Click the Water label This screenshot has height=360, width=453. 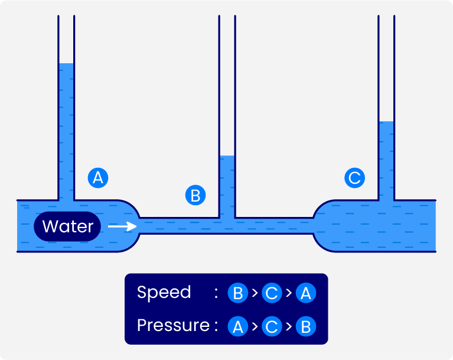[67, 226]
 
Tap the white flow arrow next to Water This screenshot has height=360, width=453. [122, 226]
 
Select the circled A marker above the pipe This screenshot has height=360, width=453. [97, 177]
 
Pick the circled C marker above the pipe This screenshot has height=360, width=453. [354, 177]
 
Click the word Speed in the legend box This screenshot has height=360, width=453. [164, 293]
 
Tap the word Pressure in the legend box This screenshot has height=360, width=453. [173, 326]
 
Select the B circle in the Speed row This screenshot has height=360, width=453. [237, 293]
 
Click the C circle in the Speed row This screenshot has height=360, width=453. [272, 293]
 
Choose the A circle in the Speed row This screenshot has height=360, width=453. [305, 293]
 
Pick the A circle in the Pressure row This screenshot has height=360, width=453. [237, 326]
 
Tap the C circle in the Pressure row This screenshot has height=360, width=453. [272, 326]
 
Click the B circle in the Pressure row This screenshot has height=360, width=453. [305, 326]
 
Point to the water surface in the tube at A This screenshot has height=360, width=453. [66, 64]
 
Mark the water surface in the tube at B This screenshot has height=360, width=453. [227, 156]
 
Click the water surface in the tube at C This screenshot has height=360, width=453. [386, 122]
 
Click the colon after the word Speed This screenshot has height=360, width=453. [217, 293]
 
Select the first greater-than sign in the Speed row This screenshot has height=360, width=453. [255, 293]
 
